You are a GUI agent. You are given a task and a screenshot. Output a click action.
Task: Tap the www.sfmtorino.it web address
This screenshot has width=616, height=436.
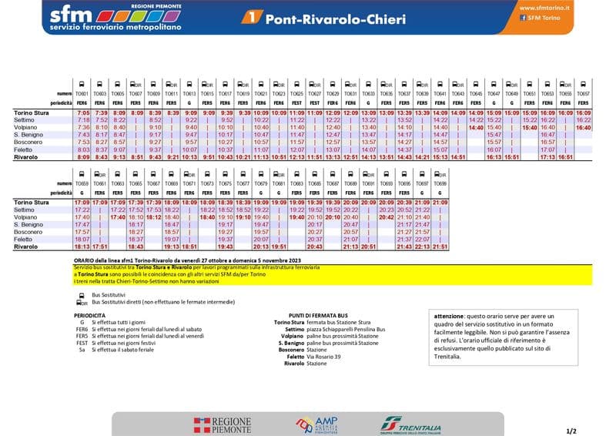point(544,7)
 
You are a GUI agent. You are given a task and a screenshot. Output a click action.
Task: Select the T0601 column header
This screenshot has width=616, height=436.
point(82,94)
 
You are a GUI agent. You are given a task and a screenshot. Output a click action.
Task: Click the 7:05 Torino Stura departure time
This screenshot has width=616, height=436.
point(83,113)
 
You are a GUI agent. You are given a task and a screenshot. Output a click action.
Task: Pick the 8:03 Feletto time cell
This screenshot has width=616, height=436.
point(83,149)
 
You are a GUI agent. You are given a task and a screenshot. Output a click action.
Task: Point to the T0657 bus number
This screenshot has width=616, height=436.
point(583,94)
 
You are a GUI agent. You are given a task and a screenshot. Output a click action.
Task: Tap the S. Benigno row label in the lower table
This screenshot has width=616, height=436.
point(28,224)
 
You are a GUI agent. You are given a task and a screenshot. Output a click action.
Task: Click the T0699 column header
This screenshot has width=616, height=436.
point(440,184)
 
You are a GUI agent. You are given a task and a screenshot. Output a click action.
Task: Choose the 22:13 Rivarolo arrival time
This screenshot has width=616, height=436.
point(423,247)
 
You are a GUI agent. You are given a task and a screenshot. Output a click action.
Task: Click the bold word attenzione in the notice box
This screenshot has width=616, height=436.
point(450,317)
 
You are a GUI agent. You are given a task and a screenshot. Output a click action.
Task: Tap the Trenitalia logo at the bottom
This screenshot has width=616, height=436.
point(410,425)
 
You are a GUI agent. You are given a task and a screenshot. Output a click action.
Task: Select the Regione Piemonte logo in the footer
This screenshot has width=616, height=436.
point(223,425)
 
